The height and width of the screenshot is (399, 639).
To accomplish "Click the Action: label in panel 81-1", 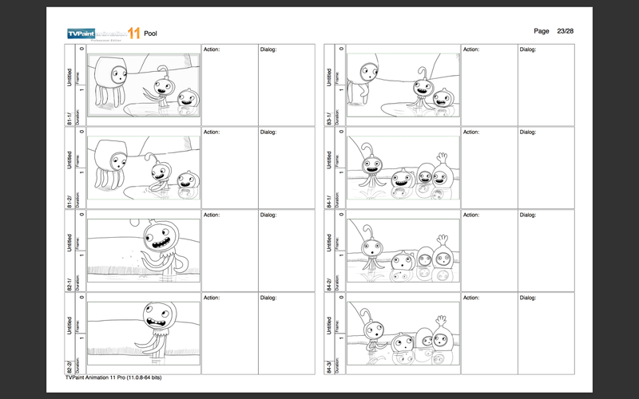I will tap(212, 49).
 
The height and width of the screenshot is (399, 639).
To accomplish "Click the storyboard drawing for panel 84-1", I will tap(403, 168).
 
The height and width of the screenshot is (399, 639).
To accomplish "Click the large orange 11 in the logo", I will tap(132, 33).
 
